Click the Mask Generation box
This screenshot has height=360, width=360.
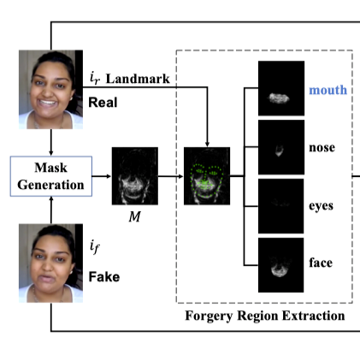pyautogui.click(x=51, y=176)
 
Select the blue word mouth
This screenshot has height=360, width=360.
pyautogui.click(x=328, y=90)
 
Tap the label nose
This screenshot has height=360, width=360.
pyautogui.click(x=322, y=148)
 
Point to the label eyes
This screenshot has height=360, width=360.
pyautogui.click(x=321, y=206)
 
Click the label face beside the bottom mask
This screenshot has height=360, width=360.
pyautogui.click(x=321, y=263)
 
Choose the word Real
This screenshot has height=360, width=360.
pyautogui.click(x=103, y=103)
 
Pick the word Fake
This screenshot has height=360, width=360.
pyautogui.click(x=104, y=277)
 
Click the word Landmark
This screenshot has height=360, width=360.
pyautogui.click(x=138, y=79)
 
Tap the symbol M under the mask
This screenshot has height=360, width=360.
pyautogui.click(x=134, y=217)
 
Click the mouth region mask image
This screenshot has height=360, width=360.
pyautogui.click(x=281, y=88)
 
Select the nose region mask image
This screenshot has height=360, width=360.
pyautogui.click(x=281, y=147)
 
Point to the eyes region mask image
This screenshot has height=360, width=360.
pyautogui.click(x=280, y=206)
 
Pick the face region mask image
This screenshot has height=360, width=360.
pyautogui.click(x=280, y=265)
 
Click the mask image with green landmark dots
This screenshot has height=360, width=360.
pyautogui.click(x=207, y=176)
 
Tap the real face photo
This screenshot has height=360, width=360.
pyautogui.click(x=50, y=90)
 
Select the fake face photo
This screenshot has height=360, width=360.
pyautogui.click(x=50, y=263)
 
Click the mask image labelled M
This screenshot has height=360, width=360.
pyautogui.click(x=135, y=176)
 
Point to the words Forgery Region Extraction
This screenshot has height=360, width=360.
pyautogui.click(x=265, y=316)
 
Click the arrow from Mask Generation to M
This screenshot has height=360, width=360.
pyautogui.click(x=102, y=176)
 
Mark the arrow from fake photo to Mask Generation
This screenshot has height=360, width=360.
pyautogui.click(x=51, y=210)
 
